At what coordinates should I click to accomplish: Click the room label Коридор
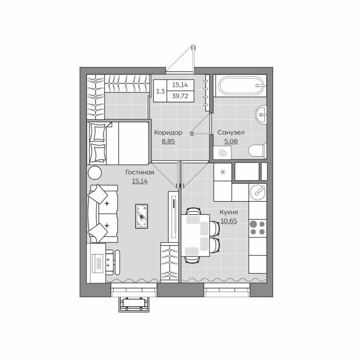168,133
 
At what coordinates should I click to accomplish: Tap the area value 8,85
168,142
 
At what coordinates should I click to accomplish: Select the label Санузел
231,133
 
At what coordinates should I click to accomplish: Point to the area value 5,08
231,141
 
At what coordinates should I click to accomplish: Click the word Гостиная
140,172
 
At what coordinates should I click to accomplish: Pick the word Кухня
229,212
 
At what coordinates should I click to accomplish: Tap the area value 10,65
229,221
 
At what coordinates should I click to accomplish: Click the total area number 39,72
180,96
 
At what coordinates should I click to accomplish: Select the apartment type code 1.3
160,91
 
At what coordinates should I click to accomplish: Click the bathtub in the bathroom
241,86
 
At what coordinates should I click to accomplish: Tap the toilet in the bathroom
258,151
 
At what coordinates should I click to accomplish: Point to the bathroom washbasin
261,114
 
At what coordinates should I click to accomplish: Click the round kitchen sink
258,192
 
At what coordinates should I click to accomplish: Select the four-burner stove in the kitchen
257,228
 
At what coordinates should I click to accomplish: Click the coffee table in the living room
142,216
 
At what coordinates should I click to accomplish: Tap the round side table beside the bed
95,173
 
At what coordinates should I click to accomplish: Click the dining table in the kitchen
195,235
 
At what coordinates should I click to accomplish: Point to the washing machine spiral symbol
223,153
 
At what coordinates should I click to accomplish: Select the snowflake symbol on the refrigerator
223,172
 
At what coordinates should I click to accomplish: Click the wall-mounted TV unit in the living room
173,217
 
